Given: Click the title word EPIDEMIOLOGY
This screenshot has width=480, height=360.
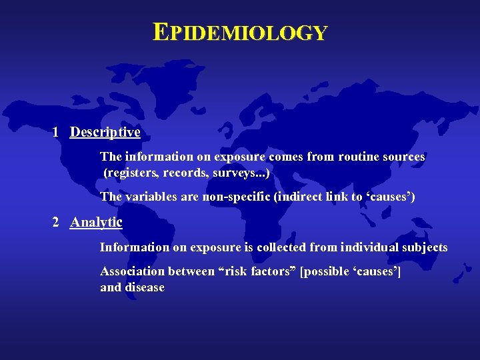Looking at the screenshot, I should (240, 32).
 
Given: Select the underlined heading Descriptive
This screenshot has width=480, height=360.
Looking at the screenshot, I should (105, 132).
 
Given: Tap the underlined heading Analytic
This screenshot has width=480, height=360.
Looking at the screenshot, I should (96, 222).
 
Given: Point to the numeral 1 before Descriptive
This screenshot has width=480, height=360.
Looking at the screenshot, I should (57, 132).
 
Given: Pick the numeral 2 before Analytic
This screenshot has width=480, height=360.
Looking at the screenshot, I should (57, 222).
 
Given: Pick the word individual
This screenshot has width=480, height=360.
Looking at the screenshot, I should (373, 247).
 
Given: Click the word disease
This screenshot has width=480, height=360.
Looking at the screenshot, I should (144, 287).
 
